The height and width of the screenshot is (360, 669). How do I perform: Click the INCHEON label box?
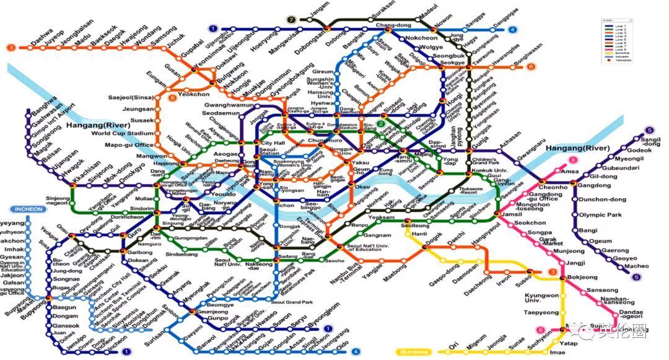(x=28, y=209)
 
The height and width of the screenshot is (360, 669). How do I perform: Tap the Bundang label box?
(x=414, y=352)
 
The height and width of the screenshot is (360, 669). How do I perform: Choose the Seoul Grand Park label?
(x=291, y=302)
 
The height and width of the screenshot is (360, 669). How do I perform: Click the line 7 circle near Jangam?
(x=292, y=20)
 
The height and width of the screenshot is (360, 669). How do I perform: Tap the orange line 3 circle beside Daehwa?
(x=11, y=47)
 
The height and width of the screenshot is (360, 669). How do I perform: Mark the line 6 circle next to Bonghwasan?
(x=531, y=67)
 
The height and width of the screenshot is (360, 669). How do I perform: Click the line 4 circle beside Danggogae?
(x=512, y=29)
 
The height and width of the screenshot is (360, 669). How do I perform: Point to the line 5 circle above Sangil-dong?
(x=649, y=130)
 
